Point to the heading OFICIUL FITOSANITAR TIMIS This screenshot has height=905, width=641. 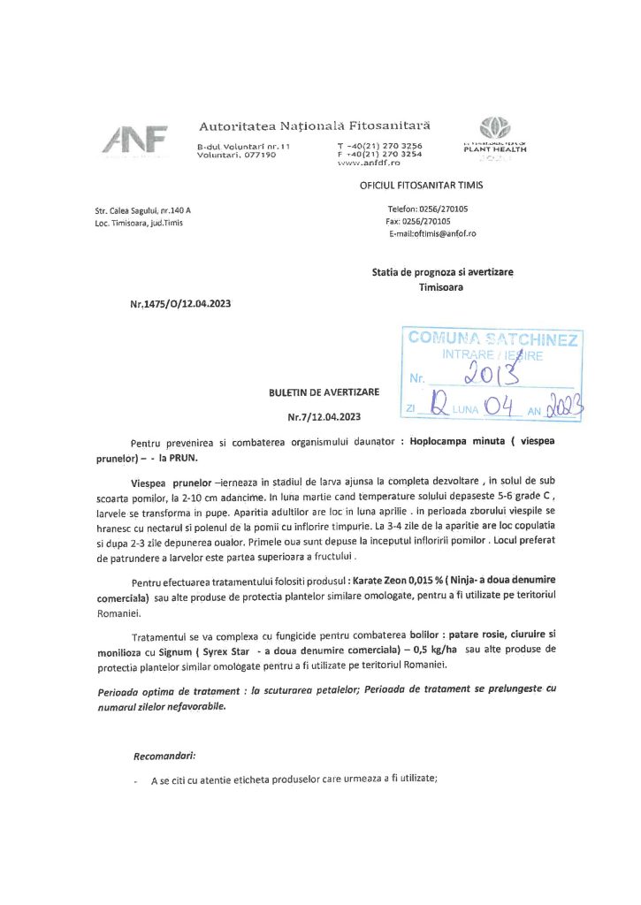point(422,186)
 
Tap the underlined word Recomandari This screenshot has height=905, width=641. point(164,757)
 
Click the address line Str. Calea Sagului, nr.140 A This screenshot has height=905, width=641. point(142,210)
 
